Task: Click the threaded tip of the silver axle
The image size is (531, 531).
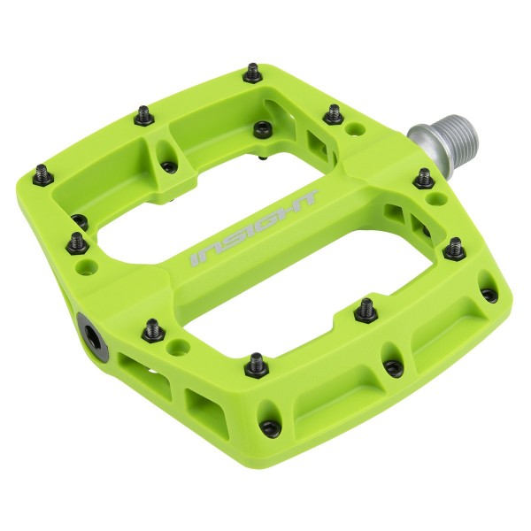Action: point(459,133)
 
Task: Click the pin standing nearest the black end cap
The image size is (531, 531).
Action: point(152,327)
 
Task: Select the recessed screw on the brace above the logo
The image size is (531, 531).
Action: point(262,128)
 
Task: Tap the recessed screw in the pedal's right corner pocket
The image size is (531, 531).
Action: point(489,294)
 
